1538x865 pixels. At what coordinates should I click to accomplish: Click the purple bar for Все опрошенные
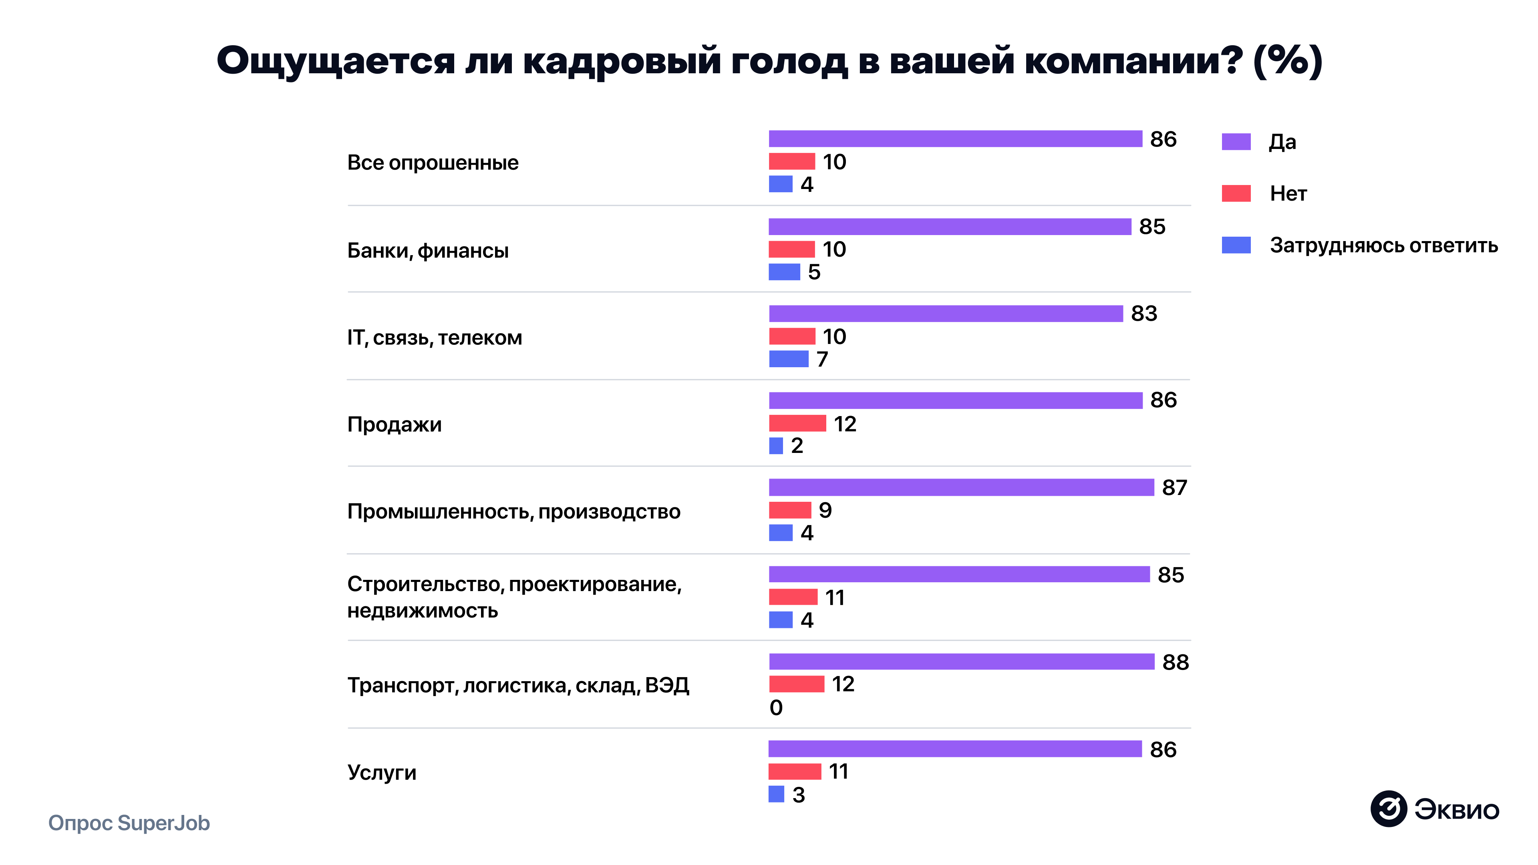pyautogui.click(x=955, y=139)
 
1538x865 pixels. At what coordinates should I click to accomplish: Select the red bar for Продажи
pyautogui.click(x=797, y=423)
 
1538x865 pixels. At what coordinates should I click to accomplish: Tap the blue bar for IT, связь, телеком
pyautogui.click(x=788, y=359)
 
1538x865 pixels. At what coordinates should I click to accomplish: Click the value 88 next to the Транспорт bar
pyautogui.click(x=1175, y=662)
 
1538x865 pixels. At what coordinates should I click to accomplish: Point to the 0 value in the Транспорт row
pyautogui.click(x=775, y=707)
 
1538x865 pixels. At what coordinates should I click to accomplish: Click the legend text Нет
pyautogui.click(x=1288, y=193)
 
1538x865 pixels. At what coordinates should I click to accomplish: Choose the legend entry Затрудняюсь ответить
pyautogui.click(x=1383, y=245)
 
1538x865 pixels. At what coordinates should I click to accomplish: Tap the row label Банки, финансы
pyautogui.click(x=427, y=251)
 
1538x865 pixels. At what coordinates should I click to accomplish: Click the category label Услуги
pyautogui.click(x=382, y=772)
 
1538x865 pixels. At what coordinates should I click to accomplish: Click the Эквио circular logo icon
pyautogui.click(x=1388, y=809)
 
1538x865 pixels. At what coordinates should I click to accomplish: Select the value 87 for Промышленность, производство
pyautogui.click(x=1174, y=488)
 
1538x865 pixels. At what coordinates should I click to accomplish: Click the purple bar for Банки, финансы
pyautogui.click(x=949, y=226)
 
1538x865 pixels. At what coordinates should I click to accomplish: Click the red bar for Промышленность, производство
pyautogui.click(x=789, y=510)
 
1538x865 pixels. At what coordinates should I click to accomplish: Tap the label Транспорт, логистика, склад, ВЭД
pyautogui.click(x=517, y=685)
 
